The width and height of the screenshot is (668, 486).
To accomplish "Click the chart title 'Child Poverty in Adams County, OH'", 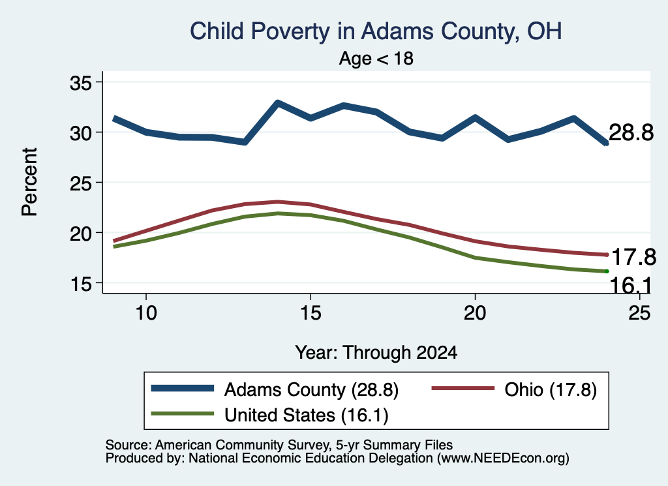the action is point(376,31).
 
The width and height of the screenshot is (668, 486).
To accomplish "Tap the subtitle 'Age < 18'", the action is point(376,58).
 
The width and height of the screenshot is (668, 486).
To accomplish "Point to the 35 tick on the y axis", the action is point(81,83).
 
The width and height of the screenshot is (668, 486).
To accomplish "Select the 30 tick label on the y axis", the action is point(81,133).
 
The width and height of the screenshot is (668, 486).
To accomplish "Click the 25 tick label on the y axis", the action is point(81,183).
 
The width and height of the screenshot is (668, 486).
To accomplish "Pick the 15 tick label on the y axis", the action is point(81,284).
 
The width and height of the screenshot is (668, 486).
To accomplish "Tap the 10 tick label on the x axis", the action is point(146,313).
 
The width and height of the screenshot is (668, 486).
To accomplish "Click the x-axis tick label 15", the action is point(311,313).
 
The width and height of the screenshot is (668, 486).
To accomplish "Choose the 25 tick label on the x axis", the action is point(639,313).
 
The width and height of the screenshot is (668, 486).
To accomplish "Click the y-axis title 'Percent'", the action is point(29,182).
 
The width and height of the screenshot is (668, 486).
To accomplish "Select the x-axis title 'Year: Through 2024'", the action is point(376,353).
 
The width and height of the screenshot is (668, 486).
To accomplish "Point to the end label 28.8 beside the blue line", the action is point(631,132).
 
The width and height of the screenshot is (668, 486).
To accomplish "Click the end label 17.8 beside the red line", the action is point(633,257).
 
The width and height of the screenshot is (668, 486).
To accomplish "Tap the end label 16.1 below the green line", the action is point(631,285).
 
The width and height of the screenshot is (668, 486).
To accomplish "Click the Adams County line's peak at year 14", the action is point(278,102).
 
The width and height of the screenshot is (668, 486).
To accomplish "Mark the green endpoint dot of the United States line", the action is point(607,271).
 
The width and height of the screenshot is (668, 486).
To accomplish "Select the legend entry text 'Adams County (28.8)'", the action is point(311,389).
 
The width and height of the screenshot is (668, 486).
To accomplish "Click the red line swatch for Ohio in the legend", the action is point(463,388).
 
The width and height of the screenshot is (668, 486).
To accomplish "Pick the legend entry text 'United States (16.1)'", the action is point(307,416).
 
